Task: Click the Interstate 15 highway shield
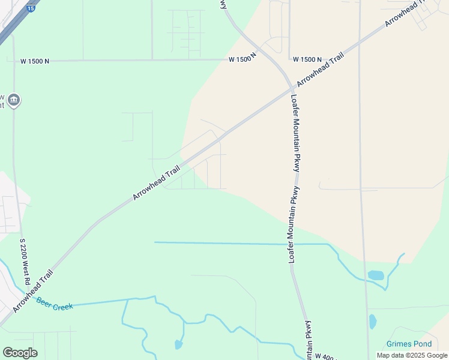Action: (x=31, y=8)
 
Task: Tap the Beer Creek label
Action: (x=55, y=304)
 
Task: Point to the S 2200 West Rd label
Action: (x=25, y=262)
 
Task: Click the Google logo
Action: (x=20, y=353)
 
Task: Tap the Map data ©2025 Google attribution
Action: (x=412, y=355)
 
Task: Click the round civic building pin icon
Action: (x=14, y=100)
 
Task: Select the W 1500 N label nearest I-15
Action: (x=35, y=61)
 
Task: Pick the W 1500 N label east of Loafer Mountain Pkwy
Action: (x=307, y=59)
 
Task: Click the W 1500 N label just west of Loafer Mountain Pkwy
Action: (x=243, y=58)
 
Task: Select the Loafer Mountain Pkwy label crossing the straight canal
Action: (x=295, y=224)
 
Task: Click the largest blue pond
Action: (x=376, y=275)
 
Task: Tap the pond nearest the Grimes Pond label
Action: (x=373, y=322)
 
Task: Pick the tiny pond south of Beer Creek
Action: (x=178, y=344)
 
